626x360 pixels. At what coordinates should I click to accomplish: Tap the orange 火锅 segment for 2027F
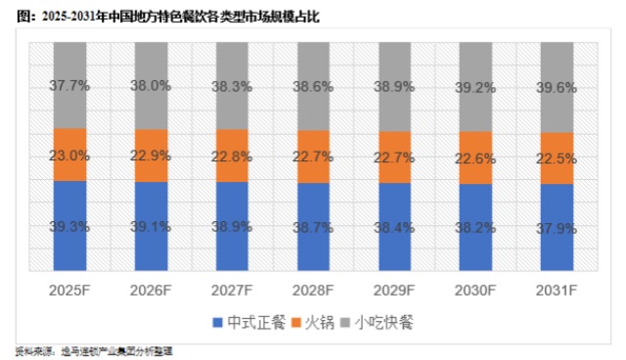pyautogui.click(x=232, y=156)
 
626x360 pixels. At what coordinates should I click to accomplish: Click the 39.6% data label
pyautogui.click(x=556, y=85)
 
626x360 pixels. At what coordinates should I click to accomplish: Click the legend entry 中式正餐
pyautogui.click(x=247, y=321)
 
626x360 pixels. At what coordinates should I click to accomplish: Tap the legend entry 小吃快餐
pyautogui.click(x=385, y=321)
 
